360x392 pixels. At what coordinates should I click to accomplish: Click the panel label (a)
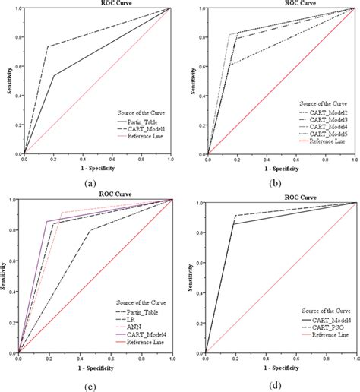click(x=91, y=182)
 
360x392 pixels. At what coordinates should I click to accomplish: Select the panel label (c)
click(x=91, y=384)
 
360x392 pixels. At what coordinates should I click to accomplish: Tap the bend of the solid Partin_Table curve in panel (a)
click(x=54, y=75)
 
